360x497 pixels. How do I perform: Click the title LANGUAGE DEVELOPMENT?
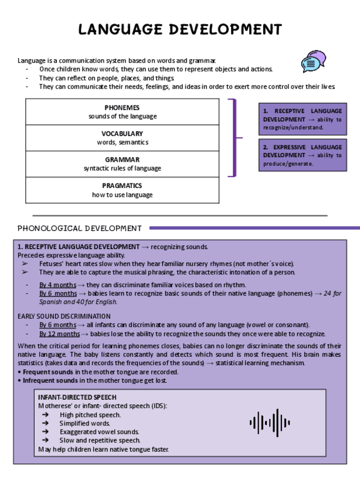[x=180, y=29]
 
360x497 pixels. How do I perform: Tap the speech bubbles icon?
[x=313, y=62]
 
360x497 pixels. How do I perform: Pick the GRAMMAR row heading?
[x=123, y=159]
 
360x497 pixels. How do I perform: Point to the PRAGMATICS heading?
[x=123, y=186]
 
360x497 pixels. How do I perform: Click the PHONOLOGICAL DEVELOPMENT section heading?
[x=80, y=228]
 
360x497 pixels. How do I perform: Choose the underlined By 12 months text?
[x=59, y=333]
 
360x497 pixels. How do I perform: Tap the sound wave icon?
[x=270, y=423]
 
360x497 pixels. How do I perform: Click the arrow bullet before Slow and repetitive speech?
[x=45, y=440]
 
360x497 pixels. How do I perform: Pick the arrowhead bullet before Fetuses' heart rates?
[x=25, y=264]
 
